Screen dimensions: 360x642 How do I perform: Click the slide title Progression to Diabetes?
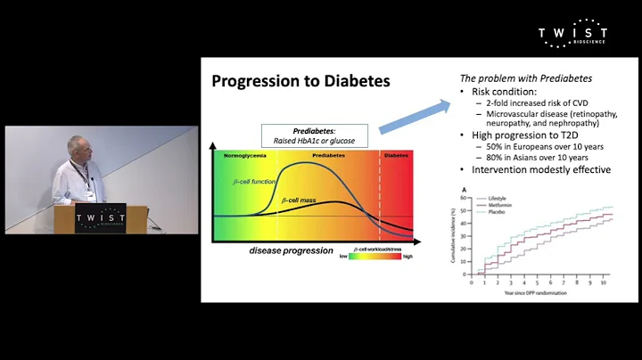point(300,82)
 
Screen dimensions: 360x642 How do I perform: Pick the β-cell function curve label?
point(252,182)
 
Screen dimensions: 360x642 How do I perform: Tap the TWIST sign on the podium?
point(100,218)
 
